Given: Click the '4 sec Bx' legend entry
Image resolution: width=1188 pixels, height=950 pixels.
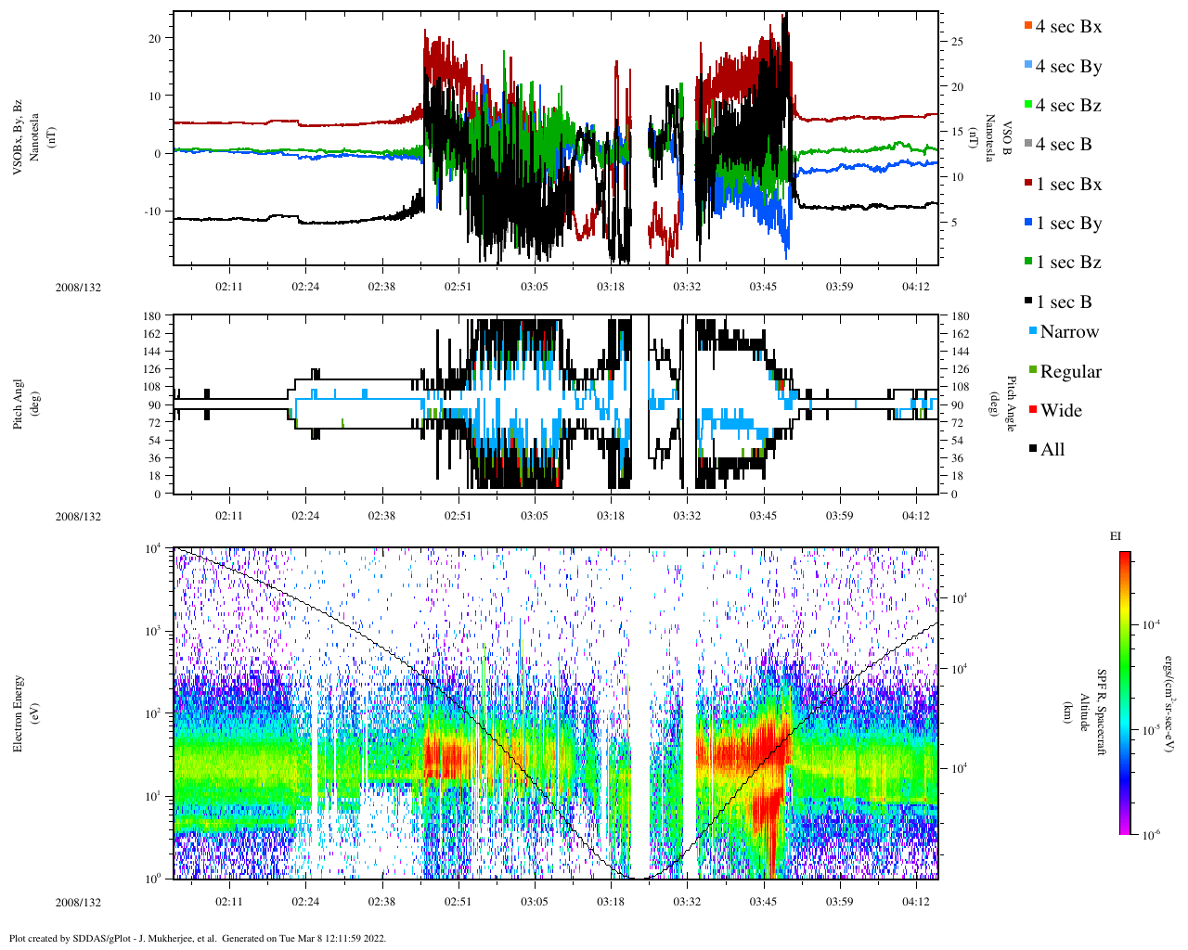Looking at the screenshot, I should tap(1067, 27).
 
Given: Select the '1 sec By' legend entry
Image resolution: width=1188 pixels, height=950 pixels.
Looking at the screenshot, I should tap(1068, 224).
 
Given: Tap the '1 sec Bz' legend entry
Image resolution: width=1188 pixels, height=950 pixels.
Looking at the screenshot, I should tap(1068, 263).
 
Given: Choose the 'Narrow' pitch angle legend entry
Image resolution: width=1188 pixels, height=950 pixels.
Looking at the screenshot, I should tap(1068, 332).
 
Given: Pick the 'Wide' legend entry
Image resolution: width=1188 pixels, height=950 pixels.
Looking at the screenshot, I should tap(1060, 411).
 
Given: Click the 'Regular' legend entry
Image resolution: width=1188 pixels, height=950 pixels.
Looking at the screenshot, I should tap(1070, 372).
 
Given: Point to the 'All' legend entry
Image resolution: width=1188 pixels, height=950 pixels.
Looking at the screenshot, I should tap(1052, 450).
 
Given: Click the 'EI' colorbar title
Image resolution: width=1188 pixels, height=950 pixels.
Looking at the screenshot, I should tap(1116, 536).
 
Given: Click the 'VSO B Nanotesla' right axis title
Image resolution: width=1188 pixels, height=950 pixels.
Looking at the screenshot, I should tap(998, 138).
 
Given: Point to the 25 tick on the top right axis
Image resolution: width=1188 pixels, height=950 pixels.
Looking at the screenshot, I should tap(957, 42).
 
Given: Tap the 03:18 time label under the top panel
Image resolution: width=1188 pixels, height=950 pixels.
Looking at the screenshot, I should tap(610, 287).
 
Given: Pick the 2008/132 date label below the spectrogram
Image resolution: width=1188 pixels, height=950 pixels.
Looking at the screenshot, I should tap(78, 903).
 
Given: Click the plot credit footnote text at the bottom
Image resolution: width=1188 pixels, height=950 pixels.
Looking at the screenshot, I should tap(197, 938).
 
